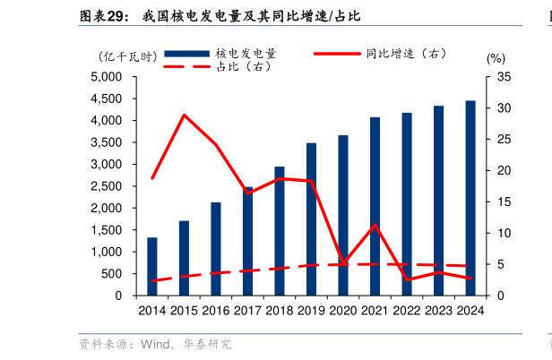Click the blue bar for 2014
pyautogui.click(x=152, y=267)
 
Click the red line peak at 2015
pyautogui.click(x=184, y=116)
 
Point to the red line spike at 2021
pyautogui.click(x=375, y=225)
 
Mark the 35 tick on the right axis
pyautogui.click(x=504, y=77)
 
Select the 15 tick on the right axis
pyautogui.click(x=504, y=202)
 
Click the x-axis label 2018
pyautogui.click(x=279, y=311)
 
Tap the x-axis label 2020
pyautogui.click(x=343, y=311)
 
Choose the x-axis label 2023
pyautogui.click(x=439, y=311)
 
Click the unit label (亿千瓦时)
pyautogui.click(x=127, y=56)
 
